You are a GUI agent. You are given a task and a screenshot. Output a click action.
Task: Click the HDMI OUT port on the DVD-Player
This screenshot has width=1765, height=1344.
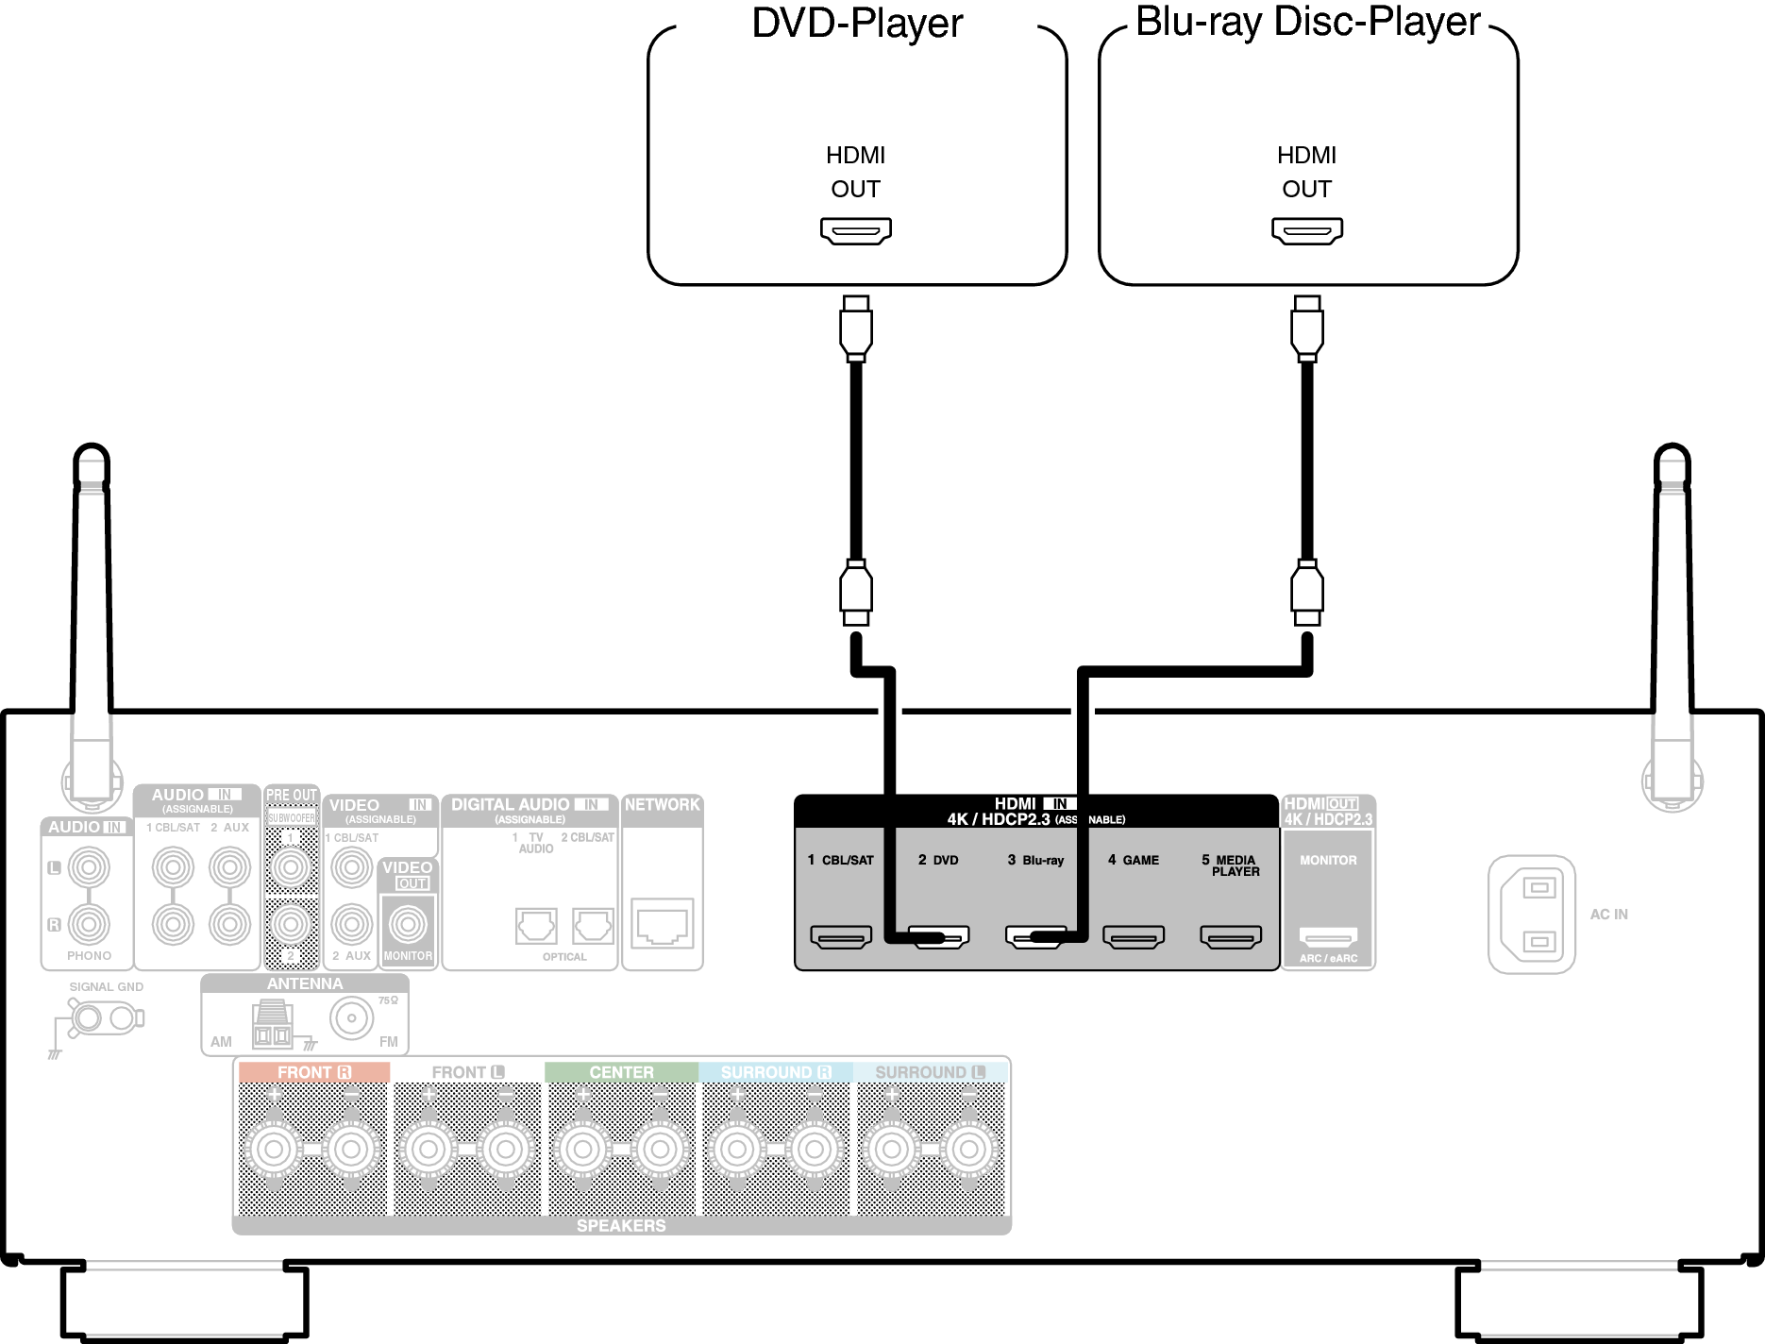[x=855, y=230]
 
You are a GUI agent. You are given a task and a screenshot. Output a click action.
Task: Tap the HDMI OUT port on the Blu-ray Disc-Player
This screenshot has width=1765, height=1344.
[x=1306, y=230]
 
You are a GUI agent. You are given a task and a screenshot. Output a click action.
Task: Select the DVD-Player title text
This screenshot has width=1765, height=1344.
[x=857, y=23]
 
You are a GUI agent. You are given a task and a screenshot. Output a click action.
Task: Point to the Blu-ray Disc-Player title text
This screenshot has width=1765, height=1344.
[x=1307, y=21]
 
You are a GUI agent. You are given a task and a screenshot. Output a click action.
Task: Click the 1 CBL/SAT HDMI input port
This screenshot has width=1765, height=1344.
[x=840, y=937]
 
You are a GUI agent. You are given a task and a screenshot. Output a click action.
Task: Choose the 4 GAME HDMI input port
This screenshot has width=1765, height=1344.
[x=1134, y=937]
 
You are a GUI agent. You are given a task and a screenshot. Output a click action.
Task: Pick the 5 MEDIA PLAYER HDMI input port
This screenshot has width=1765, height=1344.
[x=1230, y=937]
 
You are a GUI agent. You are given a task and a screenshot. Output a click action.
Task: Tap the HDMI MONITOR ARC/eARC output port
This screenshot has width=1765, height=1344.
[x=1328, y=937]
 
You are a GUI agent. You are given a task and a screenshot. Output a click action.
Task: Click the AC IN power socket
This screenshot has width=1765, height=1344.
[x=1532, y=915]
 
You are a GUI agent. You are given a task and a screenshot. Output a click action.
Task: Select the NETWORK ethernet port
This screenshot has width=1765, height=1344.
[x=662, y=922]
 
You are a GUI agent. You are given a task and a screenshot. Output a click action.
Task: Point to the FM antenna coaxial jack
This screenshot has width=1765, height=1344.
[x=351, y=1018]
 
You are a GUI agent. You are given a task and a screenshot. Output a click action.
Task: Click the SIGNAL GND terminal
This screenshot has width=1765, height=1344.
[x=88, y=1018]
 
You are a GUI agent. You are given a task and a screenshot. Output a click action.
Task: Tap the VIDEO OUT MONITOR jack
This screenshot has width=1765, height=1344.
[x=408, y=924]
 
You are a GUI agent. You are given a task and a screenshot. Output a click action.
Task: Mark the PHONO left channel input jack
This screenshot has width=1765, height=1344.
[x=89, y=867]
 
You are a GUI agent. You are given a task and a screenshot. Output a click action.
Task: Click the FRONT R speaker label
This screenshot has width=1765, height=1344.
[x=313, y=1072]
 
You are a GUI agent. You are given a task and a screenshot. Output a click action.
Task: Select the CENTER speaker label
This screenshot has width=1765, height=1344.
[x=621, y=1072]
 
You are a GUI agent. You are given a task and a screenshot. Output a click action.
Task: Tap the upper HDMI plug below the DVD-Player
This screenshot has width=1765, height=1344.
[x=855, y=328]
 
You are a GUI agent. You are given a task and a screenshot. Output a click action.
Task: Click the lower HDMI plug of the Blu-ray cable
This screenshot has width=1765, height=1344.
[x=1306, y=593]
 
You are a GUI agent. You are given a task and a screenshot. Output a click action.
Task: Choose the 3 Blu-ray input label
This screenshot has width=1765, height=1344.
[x=1035, y=860]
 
